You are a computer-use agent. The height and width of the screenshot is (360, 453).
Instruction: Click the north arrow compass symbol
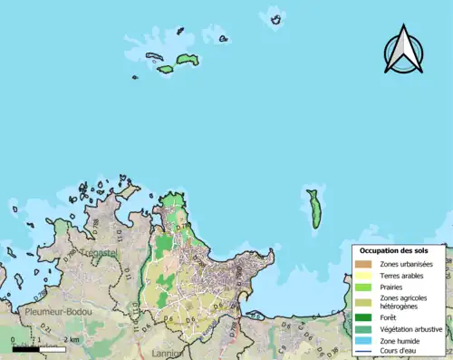click(403, 52)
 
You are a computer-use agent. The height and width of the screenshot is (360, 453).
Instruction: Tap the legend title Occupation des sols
click(400, 250)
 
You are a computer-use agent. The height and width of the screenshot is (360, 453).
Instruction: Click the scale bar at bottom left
click(38, 348)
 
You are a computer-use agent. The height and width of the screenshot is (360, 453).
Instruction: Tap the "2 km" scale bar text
click(72, 340)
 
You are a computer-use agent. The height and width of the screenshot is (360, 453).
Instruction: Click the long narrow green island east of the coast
click(313, 209)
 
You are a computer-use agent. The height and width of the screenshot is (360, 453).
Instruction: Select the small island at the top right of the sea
click(275, 18)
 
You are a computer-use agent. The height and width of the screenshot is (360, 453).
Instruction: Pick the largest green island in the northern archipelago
click(187, 60)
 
